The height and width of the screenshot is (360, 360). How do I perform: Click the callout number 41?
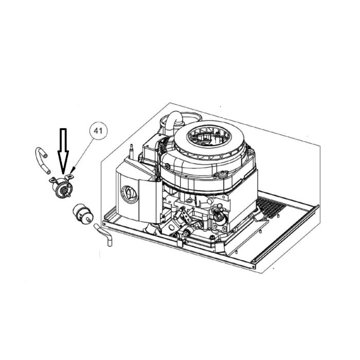(98, 131)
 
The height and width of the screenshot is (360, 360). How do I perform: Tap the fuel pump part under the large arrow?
(61, 186)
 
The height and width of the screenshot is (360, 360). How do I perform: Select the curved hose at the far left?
(42, 160)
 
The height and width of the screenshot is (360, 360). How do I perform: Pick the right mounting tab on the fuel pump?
(69, 177)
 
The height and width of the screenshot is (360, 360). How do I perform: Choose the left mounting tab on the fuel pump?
(53, 180)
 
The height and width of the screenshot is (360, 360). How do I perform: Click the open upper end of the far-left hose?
(45, 156)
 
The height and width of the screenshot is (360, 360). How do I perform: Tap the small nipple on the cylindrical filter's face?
(88, 219)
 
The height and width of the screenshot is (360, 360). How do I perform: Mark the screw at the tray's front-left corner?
(104, 223)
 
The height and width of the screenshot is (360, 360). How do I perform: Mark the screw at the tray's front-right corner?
(253, 267)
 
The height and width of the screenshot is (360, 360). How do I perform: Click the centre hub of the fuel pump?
(63, 190)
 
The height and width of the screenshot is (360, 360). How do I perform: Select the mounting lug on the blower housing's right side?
(221, 174)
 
